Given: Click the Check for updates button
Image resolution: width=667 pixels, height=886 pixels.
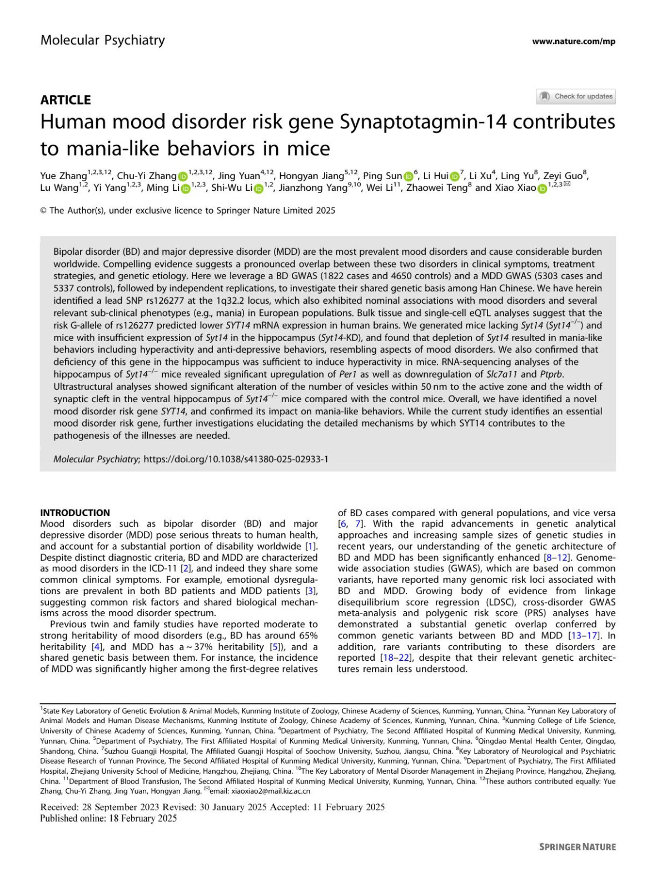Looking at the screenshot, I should pos(576,96).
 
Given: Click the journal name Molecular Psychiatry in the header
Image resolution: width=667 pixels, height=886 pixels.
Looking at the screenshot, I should pos(102,40).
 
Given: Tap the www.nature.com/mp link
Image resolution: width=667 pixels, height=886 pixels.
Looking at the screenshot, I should pos(573,41).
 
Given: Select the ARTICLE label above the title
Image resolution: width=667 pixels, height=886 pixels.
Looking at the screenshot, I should pos(65,100).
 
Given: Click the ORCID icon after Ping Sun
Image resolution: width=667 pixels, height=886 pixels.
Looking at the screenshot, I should pos(409,176).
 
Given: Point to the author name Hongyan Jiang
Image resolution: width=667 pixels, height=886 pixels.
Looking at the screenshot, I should pos(312,176).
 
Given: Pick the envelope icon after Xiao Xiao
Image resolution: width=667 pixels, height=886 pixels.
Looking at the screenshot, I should pos(567,185).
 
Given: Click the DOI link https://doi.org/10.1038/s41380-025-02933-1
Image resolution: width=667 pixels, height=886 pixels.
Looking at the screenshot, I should pos(236,459).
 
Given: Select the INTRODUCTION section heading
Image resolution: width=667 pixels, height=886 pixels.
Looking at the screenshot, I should pos(75,512).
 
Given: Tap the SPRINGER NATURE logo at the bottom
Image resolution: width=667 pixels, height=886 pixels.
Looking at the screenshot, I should pos(577,847).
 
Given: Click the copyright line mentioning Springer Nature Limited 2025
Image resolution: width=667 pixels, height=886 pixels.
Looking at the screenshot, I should pos(187,210).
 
